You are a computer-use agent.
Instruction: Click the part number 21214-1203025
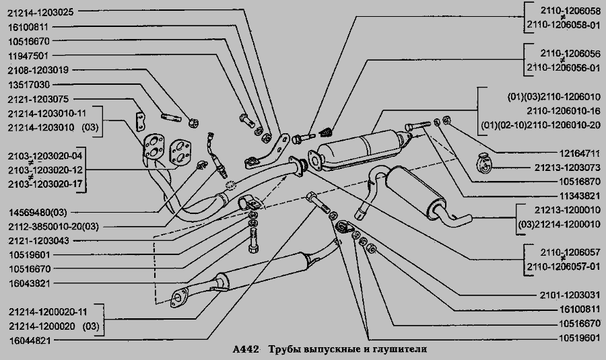click(x=40, y=12)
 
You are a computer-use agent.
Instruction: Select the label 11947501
click(x=28, y=56)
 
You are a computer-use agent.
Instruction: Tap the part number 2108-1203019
click(x=38, y=70)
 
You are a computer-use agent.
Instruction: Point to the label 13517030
click(x=28, y=85)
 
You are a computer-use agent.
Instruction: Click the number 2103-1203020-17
click(x=45, y=184)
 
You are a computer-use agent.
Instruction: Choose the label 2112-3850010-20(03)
click(x=53, y=227)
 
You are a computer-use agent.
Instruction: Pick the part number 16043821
click(x=30, y=283)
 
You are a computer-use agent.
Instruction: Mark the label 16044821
click(x=30, y=340)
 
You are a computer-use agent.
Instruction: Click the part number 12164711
click(x=580, y=153)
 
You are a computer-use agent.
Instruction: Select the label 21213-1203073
click(x=568, y=168)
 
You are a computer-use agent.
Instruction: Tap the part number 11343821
click(x=580, y=196)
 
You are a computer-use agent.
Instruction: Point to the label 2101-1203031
click(x=570, y=295)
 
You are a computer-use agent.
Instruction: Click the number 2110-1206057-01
click(x=564, y=267)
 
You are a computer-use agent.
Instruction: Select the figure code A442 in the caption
click(x=246, y=350)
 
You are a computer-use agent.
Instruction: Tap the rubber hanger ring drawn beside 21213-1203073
click(x=483, y=163)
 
